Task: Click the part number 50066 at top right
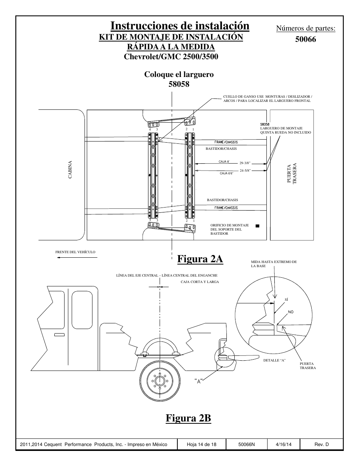tap(306, 39)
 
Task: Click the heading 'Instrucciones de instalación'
tap(180, 26)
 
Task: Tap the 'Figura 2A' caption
tap(200, 259)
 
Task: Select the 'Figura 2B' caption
tap(188, 418)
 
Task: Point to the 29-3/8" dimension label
tap(245, 163)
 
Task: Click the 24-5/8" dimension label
tap(245, 171)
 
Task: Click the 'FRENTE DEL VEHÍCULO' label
tap(75, 252)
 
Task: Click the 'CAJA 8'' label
tap(224, 161)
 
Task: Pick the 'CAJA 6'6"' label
tap(226, 173)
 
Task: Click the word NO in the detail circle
tap(291, 312)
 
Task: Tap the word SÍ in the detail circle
tap(286, 300)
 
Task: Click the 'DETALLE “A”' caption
tap(274, 360)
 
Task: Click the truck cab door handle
tap(60, 335)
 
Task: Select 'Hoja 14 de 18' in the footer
tap(202, 444)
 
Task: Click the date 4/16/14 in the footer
tap(284, 444)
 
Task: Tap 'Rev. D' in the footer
tap(322, 444)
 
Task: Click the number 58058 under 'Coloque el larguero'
tap(179, 84)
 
